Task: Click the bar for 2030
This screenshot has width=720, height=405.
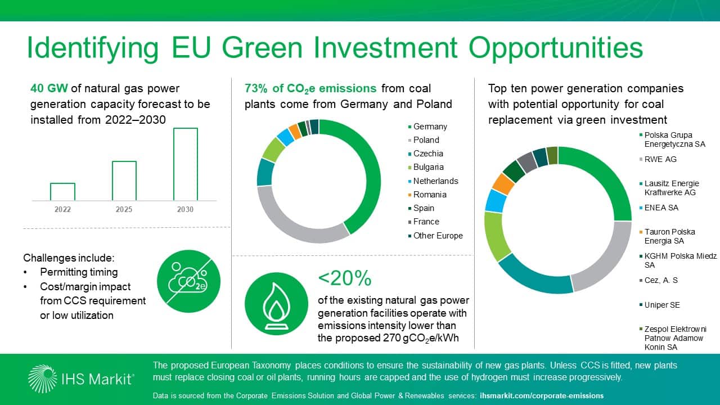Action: tap(185, 164)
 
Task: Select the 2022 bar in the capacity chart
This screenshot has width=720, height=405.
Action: tap(62, 191)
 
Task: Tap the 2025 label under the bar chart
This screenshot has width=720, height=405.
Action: tap(124, 209)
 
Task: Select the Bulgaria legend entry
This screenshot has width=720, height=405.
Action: tap(428, 167)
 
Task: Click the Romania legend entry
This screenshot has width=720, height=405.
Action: tap(430, 195)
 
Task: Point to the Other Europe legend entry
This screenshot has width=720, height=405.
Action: tap(438, 236)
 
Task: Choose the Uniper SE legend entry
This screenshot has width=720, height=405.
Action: tap(662, 305)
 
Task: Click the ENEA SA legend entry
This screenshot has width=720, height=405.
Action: tap(661, 208)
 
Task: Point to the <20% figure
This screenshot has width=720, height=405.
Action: tap(345, 278)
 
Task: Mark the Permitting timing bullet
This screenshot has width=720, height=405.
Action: tap(79, 272)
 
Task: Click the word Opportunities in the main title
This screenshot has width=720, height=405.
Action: tap(556, 48)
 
